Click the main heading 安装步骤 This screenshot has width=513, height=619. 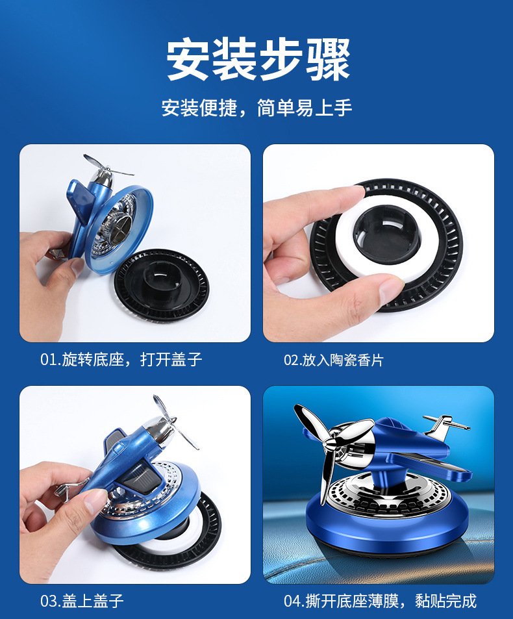258,60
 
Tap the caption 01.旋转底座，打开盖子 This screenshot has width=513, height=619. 121,359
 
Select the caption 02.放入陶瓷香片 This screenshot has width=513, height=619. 333,360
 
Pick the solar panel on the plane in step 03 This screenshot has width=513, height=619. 128,484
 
